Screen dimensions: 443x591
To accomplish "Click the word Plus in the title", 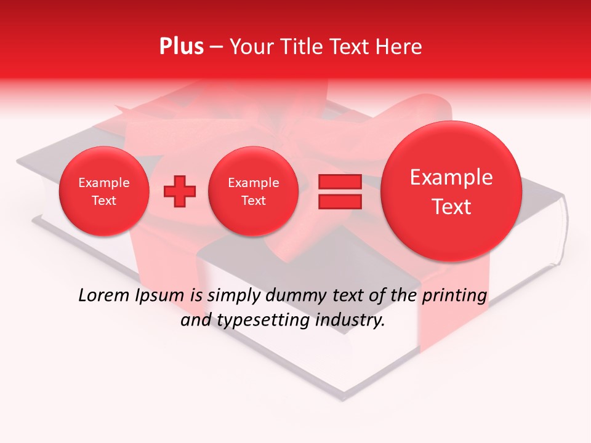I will click(181, 47).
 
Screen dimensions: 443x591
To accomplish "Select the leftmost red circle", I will click(103, 191).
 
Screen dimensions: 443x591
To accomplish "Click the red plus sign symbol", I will click(179, 191).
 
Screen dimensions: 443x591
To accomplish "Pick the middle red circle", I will click(253, 191).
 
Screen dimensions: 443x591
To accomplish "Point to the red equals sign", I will click(339, 191).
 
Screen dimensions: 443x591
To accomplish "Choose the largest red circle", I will click(451, 191).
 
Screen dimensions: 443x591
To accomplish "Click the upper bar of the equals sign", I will click(339, 182).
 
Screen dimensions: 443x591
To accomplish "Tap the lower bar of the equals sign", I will click(339, 202).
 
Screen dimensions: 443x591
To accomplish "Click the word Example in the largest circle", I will click(451, 177).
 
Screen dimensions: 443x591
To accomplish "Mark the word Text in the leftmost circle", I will click(103, 201).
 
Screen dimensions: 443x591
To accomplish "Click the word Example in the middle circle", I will click(253, 183).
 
